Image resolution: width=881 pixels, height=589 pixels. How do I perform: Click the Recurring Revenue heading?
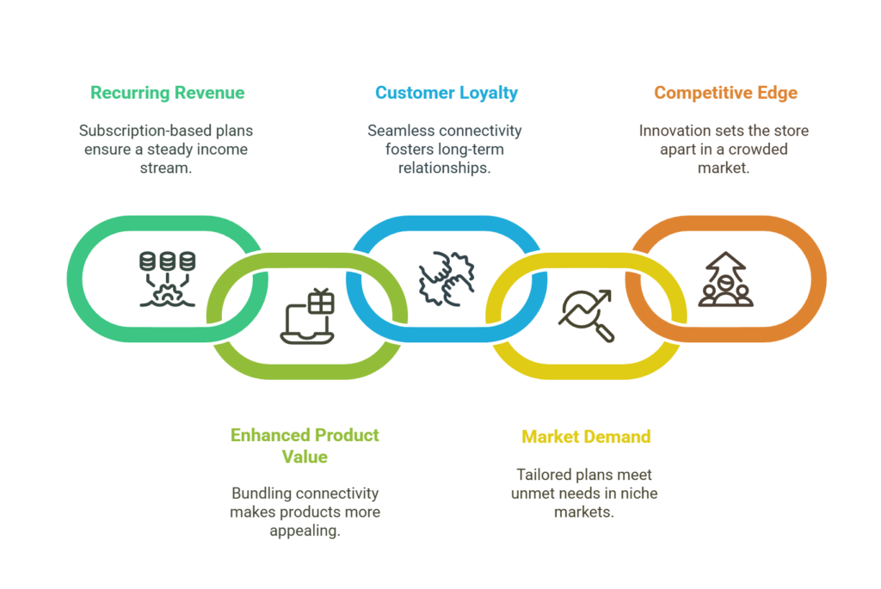pos(168,93)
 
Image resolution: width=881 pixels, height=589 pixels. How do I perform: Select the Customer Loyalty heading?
pos(447,93)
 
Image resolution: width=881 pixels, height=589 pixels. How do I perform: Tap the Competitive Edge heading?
pos(725,93)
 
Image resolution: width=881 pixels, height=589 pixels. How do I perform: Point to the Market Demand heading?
pos(586,436)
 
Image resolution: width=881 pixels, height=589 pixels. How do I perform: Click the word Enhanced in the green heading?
pos(269,435)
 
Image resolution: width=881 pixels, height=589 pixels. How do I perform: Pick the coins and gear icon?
pos(168,279)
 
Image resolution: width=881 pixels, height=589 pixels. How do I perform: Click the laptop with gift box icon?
pos(307,316)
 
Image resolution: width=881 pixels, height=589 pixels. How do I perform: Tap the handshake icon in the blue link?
pos(447,279)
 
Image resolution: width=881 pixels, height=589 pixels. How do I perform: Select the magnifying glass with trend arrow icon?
pos(586,316)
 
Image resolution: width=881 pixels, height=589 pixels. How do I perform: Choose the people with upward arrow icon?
pos(725,279)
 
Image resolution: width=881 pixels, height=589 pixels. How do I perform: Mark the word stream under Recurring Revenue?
pos(166,168)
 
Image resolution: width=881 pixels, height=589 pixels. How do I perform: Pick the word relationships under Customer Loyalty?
pos(445,169)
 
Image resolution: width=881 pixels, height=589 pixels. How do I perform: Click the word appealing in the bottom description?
pos(305,531)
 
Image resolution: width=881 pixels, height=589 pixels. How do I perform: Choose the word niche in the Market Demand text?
pos(640,493)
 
